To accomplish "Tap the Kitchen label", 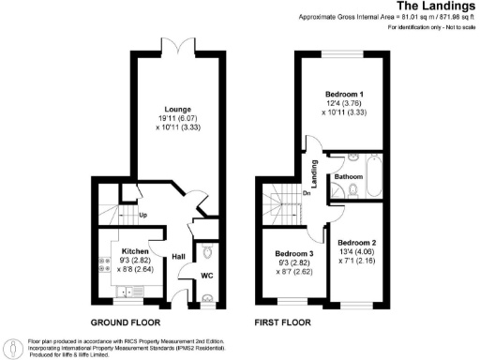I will pos(130,252).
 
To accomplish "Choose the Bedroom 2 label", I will pos(358,240).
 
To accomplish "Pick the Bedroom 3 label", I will pos(294,254).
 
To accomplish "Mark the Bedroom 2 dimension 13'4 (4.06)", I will pos(358,250).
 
